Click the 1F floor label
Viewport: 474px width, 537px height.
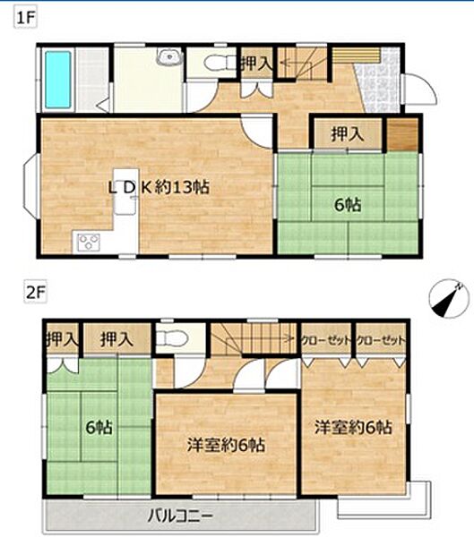coord(25,18)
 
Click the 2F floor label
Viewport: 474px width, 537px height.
coord(35,294)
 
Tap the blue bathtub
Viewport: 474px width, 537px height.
coord(58,80)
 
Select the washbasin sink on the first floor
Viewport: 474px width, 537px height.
coord(169,56)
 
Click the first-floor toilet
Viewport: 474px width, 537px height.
coord(214,63)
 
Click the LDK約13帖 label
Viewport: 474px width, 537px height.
coord(159,188)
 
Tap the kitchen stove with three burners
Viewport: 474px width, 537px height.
coord(89,243)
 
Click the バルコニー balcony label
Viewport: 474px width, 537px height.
coord(180,516)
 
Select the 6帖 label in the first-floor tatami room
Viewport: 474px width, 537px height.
coord(348,205)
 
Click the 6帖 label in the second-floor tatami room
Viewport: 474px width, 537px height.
coord(99,428)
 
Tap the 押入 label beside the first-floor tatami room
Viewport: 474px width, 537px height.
coord(347,134)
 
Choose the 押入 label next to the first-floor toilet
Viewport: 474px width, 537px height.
coord(256,64)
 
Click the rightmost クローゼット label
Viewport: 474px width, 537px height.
coord(381,340)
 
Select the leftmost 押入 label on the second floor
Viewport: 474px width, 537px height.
coord(62,339)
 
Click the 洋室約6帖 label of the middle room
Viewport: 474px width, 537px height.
coord(226,445)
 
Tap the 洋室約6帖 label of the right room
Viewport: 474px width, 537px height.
coord(354,428)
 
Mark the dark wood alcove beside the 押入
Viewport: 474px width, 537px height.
coord(402,134)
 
